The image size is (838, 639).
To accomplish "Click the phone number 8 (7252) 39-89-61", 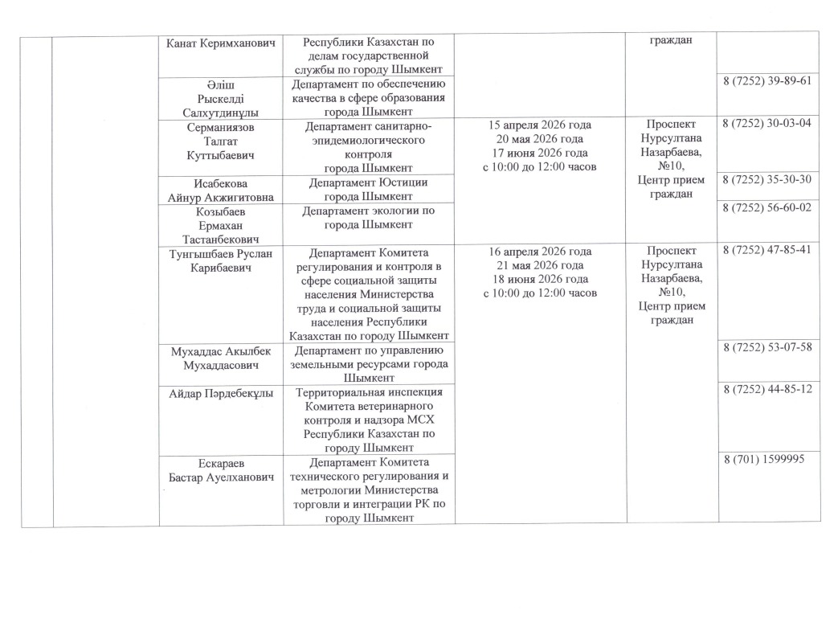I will pos(767,81).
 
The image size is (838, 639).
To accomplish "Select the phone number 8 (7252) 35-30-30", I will pos(767,179).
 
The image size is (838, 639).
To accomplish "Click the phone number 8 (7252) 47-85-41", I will pos(767,250).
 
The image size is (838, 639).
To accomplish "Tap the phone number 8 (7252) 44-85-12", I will pos(767,389).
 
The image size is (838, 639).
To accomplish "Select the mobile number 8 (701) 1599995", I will pos(762,458).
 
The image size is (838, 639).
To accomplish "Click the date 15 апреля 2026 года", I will pos(540,125).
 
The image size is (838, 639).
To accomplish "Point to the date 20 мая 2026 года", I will pos(540,138).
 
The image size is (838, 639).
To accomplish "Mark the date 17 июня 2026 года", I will pos(540,153).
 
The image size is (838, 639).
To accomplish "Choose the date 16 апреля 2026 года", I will pos(540,251).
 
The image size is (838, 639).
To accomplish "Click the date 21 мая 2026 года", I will pos(540,264).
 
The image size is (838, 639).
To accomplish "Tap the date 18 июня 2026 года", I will pos(540,278).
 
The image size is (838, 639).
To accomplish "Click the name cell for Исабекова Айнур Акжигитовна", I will pos(221,190).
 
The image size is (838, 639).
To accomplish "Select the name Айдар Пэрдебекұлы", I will pos(221,393).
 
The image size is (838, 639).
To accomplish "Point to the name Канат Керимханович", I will pos(221,41).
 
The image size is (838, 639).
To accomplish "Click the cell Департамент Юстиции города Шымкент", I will pos(369,190).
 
